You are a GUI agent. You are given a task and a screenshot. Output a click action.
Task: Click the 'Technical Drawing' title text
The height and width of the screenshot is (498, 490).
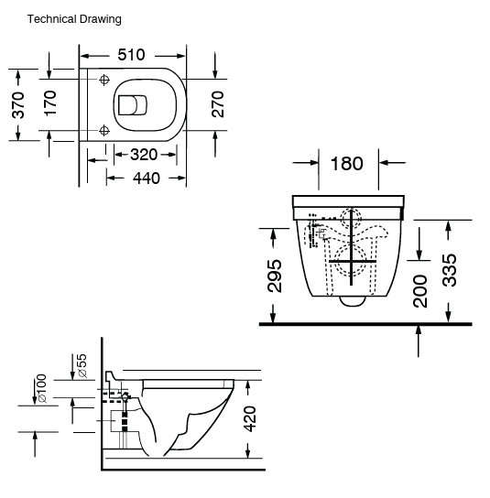coord(74,18)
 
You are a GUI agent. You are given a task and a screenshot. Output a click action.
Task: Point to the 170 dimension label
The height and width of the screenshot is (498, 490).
coord(50,103)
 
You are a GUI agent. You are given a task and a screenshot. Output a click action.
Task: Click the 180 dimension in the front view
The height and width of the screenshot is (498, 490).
coord(345,164)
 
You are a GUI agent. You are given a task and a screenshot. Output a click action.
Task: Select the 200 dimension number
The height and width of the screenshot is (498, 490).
coord(420,290)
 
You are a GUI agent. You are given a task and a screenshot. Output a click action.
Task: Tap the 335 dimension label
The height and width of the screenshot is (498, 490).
coord(449,269)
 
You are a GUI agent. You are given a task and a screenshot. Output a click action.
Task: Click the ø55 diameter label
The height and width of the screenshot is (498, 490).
coord(82,366)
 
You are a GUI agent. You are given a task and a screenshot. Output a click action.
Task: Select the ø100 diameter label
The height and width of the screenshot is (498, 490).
coord(40,389)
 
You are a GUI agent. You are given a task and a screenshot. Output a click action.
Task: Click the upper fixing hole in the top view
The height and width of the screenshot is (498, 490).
coord(104,80)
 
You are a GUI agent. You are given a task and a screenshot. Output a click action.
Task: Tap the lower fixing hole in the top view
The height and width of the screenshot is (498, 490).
coord(104,128)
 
